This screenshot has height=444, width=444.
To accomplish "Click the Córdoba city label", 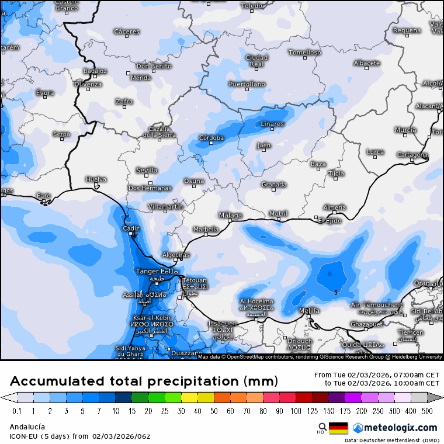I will pyautogui.click(x=211, y=138).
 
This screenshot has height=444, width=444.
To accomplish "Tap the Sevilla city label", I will pyautogui.click(x=147, y=170).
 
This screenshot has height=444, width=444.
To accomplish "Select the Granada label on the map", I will pyautogui.click(x=273, y=185).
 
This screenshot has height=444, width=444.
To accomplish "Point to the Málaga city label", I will pyautogui.click(x=230, y=215).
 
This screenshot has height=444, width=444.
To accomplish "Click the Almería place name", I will pyautogui.click(x=334, y=207).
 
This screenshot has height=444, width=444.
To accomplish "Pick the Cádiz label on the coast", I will pyautogui.click(x=131, y=228).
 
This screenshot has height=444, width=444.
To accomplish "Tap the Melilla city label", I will pyautogui.click(x=309, y=310).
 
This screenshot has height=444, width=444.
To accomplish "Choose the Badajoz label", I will pyautogui.click(x=95, y=71).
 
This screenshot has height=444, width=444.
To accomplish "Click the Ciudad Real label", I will pyautogui.click(x=256, y=61).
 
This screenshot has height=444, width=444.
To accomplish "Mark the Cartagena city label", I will pyautogui.click(x=412, y=155).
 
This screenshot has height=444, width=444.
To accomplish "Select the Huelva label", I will pyautogui.click(x=96, y=179).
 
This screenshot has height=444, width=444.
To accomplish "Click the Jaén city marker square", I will pyautogui.click(x=263, y=150).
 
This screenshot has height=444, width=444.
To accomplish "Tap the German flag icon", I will pyautogui.click(x=338, y=428).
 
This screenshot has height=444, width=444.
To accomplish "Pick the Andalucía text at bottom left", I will pyautogui.click(x=27, y=427).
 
